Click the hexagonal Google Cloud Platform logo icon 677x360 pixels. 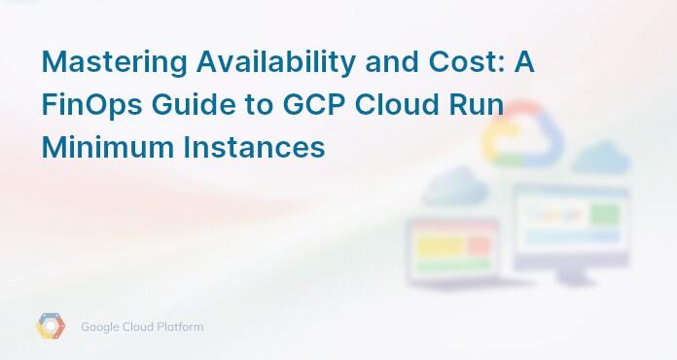51,327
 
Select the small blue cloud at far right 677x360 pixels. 602,157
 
